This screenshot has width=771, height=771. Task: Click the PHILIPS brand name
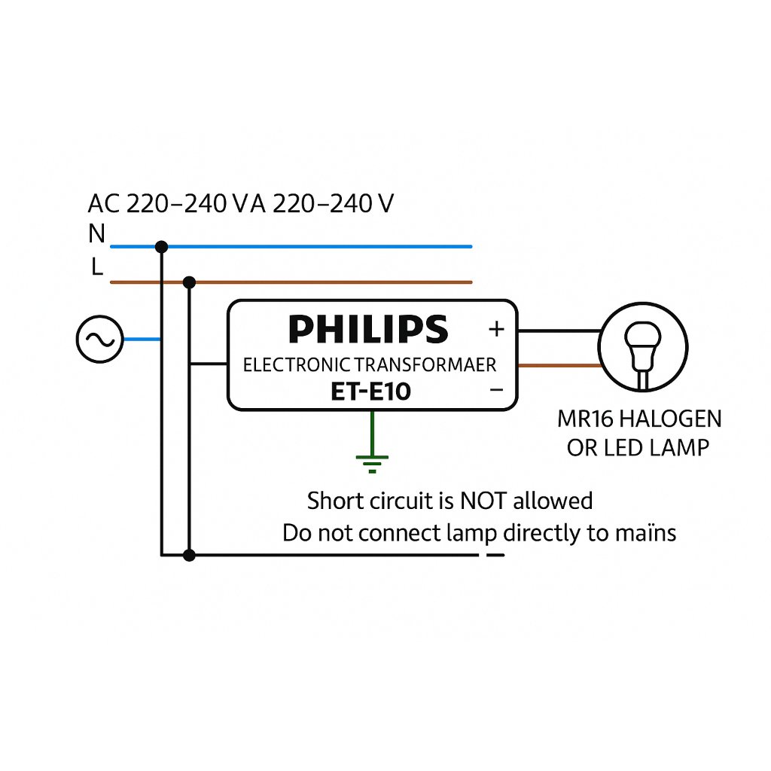point(368,329)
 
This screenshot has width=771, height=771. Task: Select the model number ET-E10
point(370,392)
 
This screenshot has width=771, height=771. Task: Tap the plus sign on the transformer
point(497,329)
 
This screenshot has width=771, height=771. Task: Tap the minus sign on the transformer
point(497,391)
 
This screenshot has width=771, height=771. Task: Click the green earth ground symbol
point(372,464)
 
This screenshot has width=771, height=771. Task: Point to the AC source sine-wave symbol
point(100,340)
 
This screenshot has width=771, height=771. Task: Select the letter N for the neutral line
point(97,233)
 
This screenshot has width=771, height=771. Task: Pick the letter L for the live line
point(97,267)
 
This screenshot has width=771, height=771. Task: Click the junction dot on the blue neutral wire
point(161,247)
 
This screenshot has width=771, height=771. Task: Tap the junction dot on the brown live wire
point(189,282)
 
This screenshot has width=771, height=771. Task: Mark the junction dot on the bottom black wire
point(189,555)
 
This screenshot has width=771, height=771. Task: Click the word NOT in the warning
point(483,501)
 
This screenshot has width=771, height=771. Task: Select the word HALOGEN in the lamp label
point(670,419)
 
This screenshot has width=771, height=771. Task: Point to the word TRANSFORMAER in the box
point(426,365)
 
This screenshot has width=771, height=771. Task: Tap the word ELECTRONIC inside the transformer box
point(297,365)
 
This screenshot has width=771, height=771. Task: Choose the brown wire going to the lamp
point(559,365)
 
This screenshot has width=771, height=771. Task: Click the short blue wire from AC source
point(142,340)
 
